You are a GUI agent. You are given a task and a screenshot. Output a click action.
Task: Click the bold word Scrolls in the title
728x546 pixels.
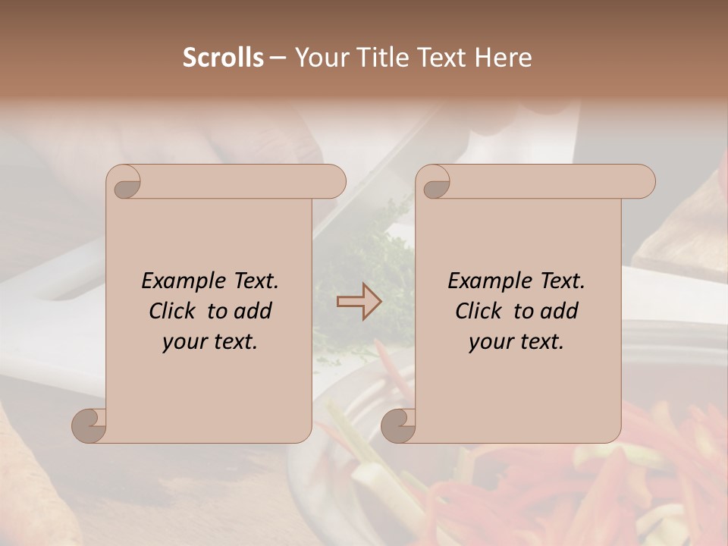223,58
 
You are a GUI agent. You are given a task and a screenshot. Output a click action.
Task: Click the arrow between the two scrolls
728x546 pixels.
359,301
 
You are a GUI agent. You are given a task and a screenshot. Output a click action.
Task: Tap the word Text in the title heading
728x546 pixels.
443,58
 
